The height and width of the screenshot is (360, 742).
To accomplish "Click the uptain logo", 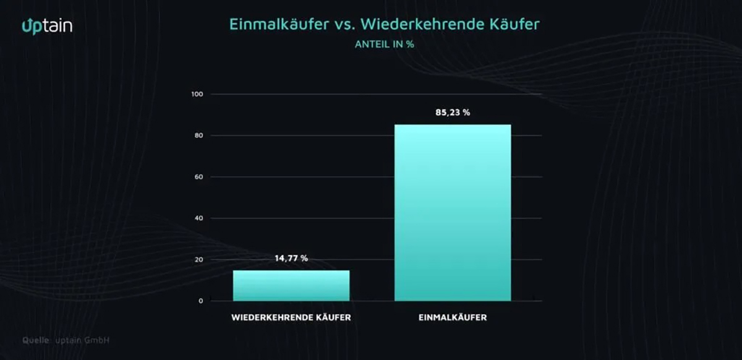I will [47, 25].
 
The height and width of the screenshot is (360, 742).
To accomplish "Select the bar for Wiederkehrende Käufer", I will [291, 285].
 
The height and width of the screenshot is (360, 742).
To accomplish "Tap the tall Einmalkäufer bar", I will [453, 213].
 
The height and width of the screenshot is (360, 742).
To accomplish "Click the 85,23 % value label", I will [453, 113].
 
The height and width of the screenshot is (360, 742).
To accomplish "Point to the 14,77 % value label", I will [291, 259].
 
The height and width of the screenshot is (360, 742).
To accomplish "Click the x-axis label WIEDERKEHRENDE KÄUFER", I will [291, 318].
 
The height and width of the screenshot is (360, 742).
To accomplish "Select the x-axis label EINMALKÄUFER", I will [453, 318].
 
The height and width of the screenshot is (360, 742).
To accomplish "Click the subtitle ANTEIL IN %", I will [384, 44].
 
